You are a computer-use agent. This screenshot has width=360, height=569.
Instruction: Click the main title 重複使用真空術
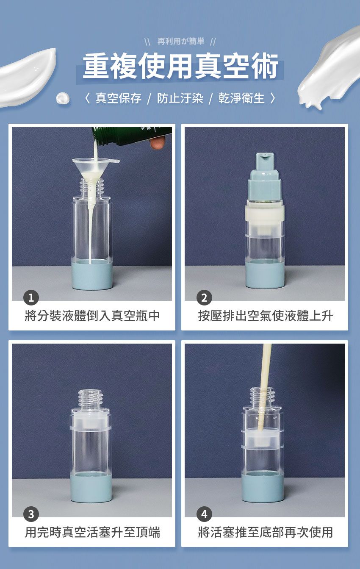pyautogui.click(x=180, y=67)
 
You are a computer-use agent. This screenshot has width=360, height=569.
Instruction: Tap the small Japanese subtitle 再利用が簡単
pyautogui.click(x=180, y=41)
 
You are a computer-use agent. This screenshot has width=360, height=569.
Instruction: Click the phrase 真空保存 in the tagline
pyautogui.click(x=118, y=98)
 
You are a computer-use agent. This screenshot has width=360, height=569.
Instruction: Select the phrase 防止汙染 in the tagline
pyautogui.click(x=180, y=98)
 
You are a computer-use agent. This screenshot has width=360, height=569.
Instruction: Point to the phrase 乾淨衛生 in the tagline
pyautogui.click(x=241, y=98)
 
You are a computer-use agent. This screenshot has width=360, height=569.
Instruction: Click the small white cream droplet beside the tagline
pyautogui.click(x=63, y=98)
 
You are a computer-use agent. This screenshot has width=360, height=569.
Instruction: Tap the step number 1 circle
pyautogui.click(x=31, y=298)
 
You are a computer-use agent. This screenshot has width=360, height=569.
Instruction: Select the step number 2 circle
pyautogui.click(x=204, y=298)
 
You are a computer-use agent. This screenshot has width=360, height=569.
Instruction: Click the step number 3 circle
pyautogui.click(x=31, y=514)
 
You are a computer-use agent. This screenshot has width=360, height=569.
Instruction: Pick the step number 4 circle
pyautogui.click(x=204, y=514)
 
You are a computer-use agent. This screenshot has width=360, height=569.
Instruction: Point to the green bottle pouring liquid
pyautogui.click(x=131, y=136)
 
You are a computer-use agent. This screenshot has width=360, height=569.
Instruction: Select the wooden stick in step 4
pyautogui.click(x=266, y=381)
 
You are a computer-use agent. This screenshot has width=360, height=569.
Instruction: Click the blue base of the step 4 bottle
pyautogui.click(x=263, y=487)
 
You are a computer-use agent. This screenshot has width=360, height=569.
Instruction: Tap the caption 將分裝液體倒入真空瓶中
pyautogui.click(x=92, y=316)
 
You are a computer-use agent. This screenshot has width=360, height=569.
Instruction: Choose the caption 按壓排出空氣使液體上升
pyautogui.click(x=265, y=316)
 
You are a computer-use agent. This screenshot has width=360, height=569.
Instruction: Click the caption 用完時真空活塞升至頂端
pyautogui.click(x=92, y=532)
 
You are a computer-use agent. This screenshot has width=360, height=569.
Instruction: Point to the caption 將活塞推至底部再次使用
pyautogui.click(x=265, y=532)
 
